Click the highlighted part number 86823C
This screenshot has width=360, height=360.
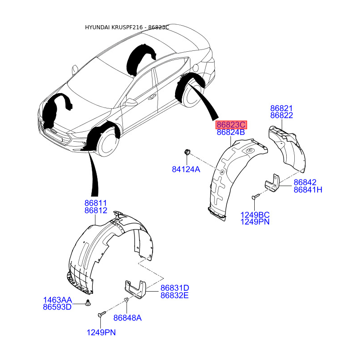pos(231,125)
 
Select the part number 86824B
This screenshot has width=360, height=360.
pos(231,132)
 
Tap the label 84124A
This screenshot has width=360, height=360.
pos(186,170)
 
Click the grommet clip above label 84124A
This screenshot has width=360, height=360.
pos(187,152)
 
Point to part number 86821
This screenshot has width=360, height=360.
pos(281,108)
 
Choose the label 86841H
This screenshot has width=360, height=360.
pos(308,189)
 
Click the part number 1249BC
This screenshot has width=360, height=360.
pos(255,215)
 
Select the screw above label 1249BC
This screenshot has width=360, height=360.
pos(256,196)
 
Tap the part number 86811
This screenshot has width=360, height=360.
pos(96,203)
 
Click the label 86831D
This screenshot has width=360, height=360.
pos(175,288)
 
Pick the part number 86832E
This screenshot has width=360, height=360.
pos(175,295)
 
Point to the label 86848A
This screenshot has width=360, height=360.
pos(127,318)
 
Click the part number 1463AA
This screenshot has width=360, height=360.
pos(58,300)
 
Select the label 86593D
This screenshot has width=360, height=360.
pos(57,307)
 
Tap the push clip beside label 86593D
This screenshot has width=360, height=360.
pos(88,302)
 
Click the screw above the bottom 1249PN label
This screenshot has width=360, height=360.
pos(102,314)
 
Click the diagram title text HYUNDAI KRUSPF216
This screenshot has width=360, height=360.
pos(114,27)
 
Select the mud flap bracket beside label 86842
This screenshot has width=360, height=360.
pos(272,183)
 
